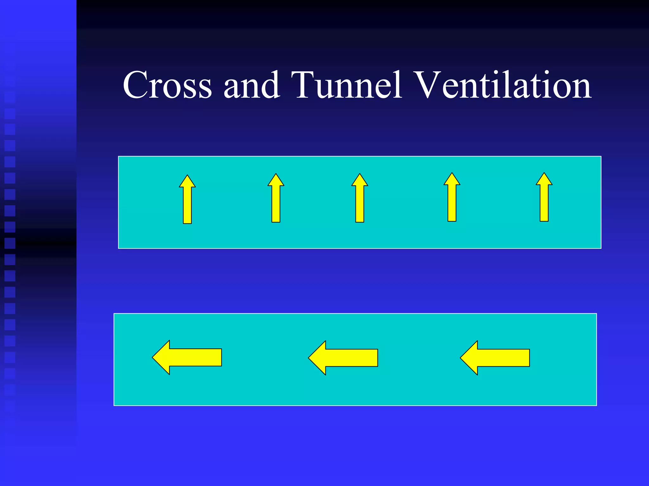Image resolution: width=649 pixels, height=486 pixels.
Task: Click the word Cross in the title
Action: pyautogui.click(x=167, y=85)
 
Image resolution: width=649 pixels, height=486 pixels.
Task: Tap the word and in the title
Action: pyautogui.click(x=252, y=85)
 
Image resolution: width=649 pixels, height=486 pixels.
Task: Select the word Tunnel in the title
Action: pyautogui.click(x=347, y=85)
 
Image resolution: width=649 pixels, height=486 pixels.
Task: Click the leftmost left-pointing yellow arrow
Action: pyautogui.click(x=187, y=357)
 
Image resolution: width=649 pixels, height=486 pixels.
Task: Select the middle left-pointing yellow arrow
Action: pyautogui.click(x=343, y=358)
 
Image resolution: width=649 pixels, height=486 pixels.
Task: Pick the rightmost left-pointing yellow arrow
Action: pyautogui.click(x=495, y=358)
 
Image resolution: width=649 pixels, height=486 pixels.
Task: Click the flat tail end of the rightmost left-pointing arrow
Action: pyautogui.click(x=528, y=358)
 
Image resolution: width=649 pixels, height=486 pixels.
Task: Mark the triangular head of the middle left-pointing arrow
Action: pyautogui.click(x=318, y=358)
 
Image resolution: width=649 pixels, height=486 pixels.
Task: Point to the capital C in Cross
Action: pyautogui.click(x=134, y=85)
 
